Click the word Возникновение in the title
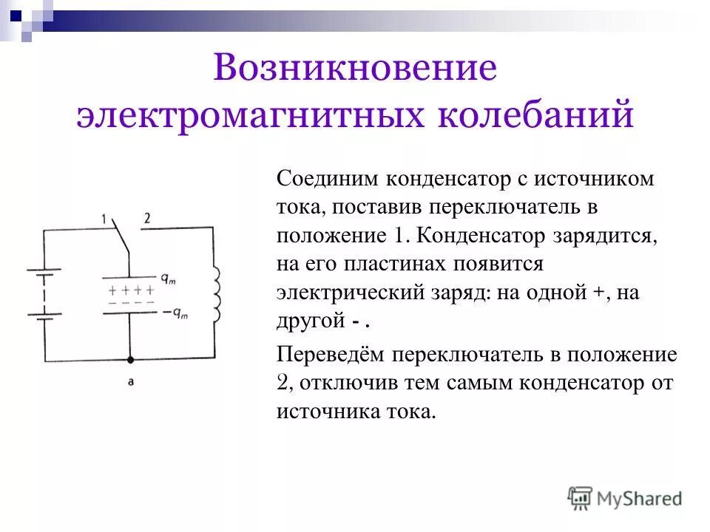click(354, 69)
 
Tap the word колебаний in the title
click(540, 117)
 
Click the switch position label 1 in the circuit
click(104, 219)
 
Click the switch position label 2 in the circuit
click(147, 218)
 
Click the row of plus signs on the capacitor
click(131, 290)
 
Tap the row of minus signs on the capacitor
click(131, 302)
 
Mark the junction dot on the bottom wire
click(130, 361)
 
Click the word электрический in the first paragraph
click(344, 293)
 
